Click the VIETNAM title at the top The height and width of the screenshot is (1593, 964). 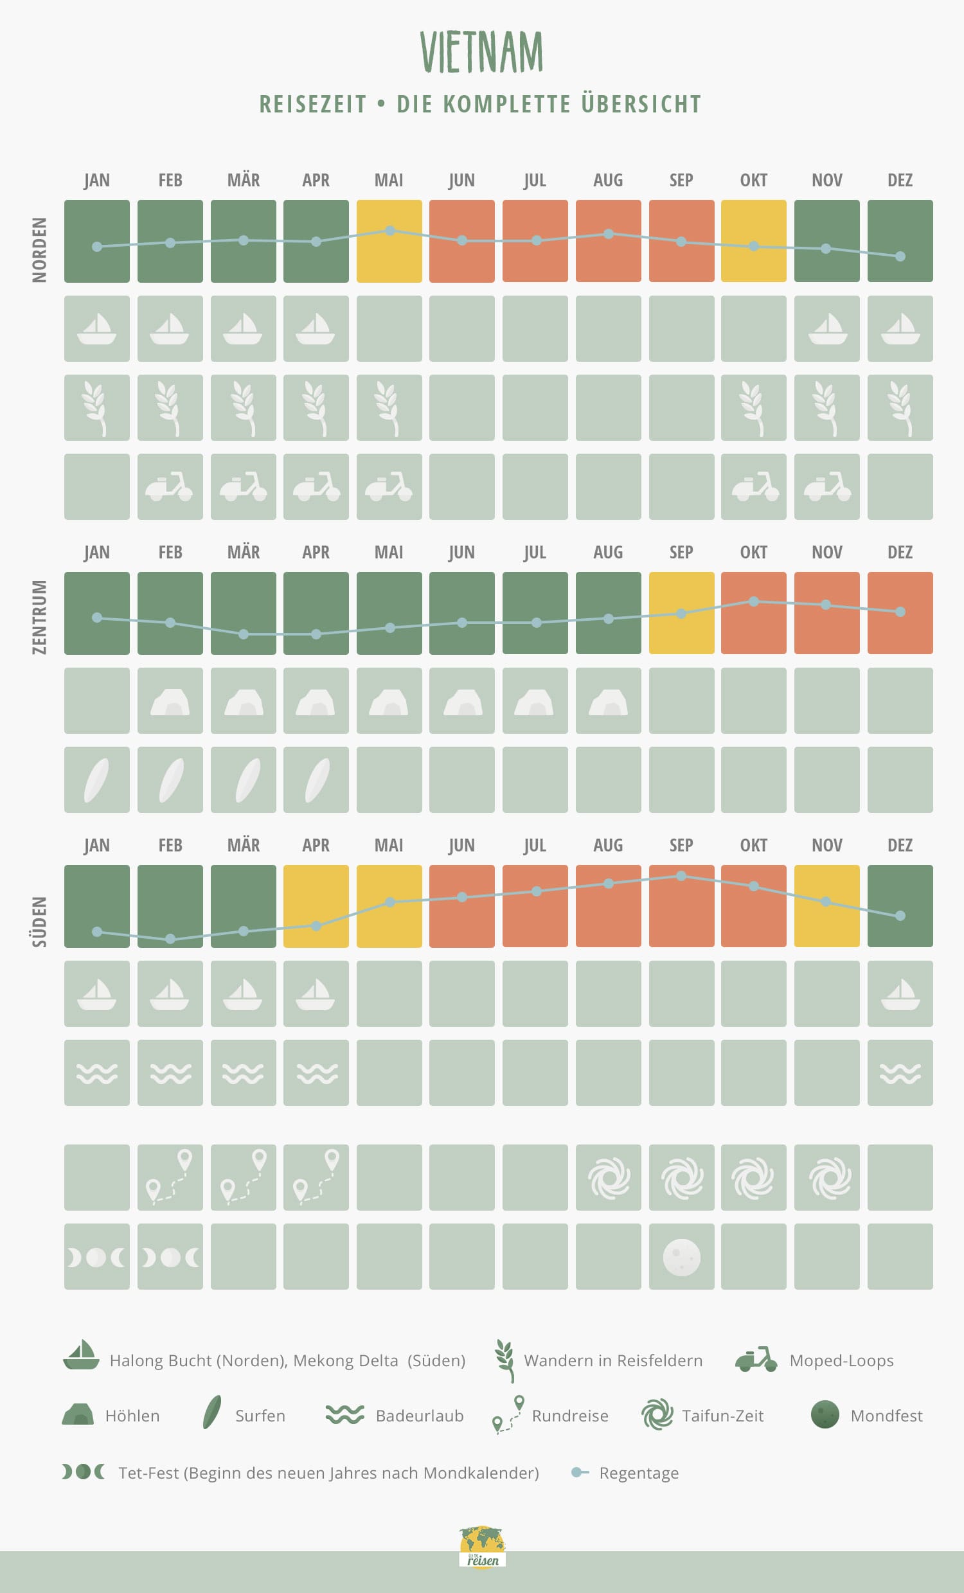coord(481,52)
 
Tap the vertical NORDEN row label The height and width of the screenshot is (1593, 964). coord(40,249)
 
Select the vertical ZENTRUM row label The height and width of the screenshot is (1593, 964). coord(40,617)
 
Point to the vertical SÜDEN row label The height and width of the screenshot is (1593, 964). coord(40,921)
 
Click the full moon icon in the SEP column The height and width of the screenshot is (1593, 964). coord(681,1257)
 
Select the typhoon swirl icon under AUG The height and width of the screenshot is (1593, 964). coord(609,1178)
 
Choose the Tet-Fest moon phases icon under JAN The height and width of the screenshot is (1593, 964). coord(97,1258)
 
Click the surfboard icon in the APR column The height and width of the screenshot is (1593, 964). coord(316,779)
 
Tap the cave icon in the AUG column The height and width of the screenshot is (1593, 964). coord(609,702)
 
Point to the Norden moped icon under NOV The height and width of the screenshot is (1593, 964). coord(827,487)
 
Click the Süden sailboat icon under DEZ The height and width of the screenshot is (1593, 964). coord(900,994)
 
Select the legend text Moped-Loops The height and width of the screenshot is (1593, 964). coord(841,1361)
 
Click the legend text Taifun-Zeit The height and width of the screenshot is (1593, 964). coord(722,1416)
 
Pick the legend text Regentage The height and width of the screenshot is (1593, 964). coord(639,1473)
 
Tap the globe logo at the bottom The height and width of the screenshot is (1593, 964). coord(483,1547)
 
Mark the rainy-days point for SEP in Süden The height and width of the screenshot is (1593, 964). coord(681,876)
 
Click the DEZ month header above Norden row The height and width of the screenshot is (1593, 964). coord(900,181)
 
